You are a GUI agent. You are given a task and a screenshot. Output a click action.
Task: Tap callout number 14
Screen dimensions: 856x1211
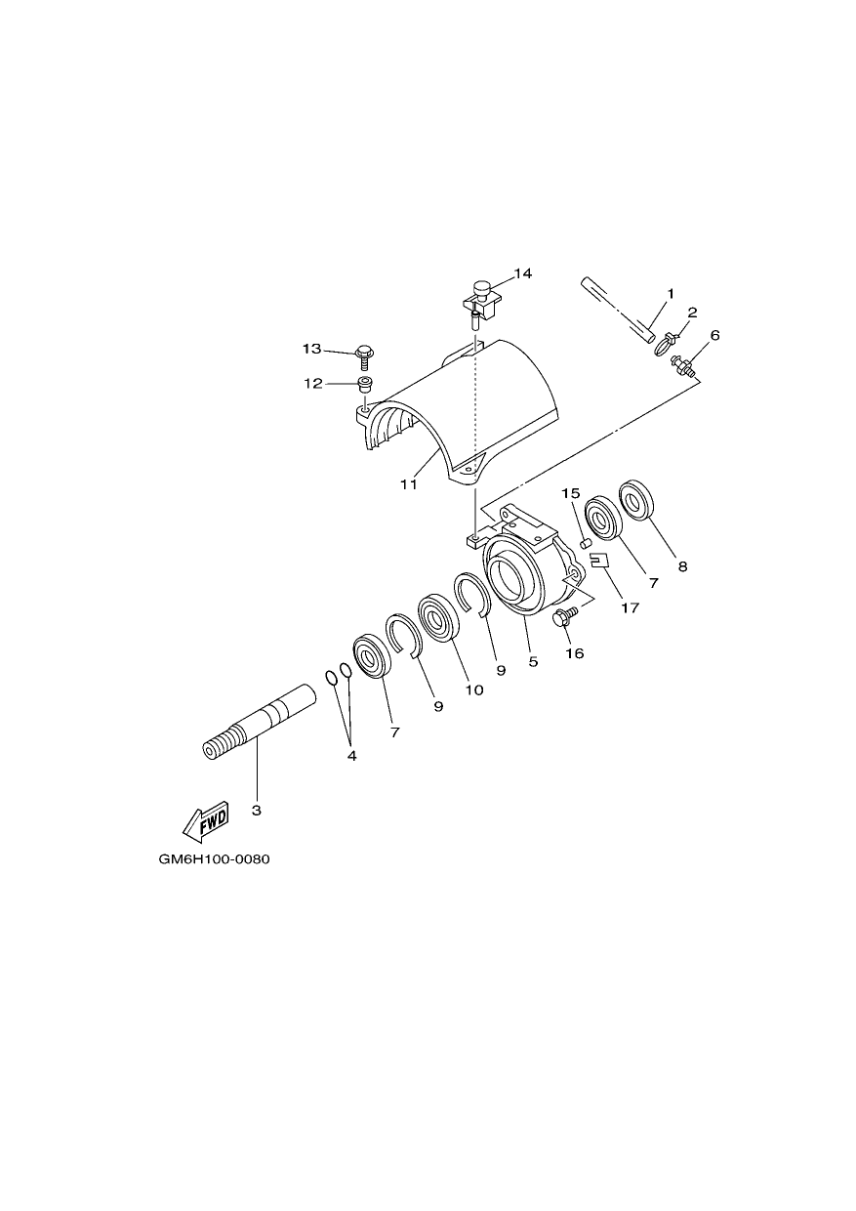tap(522, 273)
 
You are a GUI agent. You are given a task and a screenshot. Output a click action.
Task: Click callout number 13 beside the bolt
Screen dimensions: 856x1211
tap(311, 350)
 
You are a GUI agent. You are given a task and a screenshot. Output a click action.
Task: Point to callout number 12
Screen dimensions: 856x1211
tap(312, 384)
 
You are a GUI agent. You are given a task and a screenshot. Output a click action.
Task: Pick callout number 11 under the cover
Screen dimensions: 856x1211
tap(409, 484)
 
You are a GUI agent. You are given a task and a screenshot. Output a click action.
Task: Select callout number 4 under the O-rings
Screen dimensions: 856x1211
tap(351, 756)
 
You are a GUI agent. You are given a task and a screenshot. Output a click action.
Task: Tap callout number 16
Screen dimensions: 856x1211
tap(575, 653)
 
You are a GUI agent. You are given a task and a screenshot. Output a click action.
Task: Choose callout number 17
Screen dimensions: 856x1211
tap(630, 607)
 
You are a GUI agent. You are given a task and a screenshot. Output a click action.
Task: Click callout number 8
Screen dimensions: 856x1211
tap(683, 566)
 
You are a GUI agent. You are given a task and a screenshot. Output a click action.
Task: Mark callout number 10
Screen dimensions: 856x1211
tap(474, 690)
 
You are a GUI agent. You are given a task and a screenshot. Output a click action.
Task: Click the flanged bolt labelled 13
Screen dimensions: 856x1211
tap(364, 355)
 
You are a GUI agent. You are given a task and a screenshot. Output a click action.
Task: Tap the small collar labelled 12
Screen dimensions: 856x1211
tap(365, 385)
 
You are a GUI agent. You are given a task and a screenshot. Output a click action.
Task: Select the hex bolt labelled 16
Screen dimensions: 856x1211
tap(565, 616)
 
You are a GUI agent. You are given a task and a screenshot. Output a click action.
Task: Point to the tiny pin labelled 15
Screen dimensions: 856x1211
tap(585, 542)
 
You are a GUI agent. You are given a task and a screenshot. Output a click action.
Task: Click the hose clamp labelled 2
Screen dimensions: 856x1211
tap(666, 344)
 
